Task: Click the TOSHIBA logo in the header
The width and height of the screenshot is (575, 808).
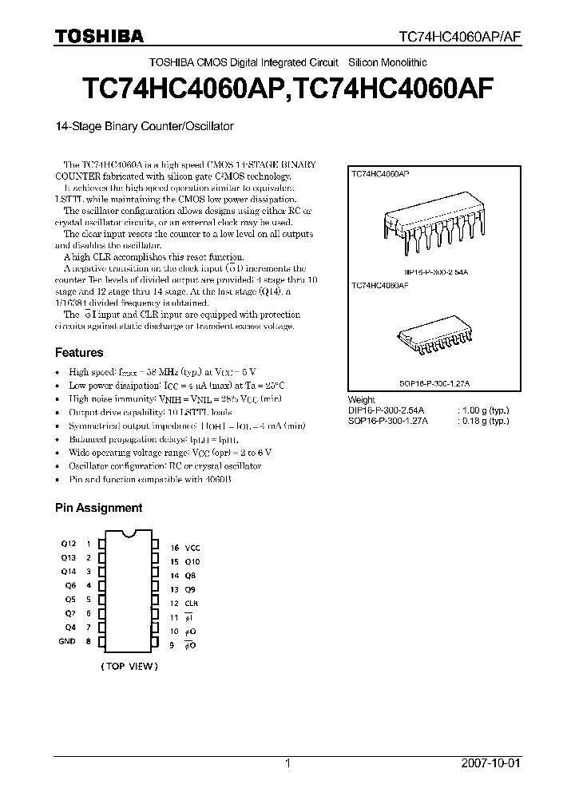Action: pyautogui.click(x=99, y=36)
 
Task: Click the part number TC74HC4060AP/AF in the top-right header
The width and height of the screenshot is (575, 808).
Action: pyautogui.click(x=460, y=37)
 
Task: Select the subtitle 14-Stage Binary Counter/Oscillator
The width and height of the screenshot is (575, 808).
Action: pyautogui.click(x=144, y=126)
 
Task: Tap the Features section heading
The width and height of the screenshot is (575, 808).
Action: pyautogui.click(x=79, y=352)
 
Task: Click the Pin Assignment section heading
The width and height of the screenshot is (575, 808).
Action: pyautogui.click(x=98, y=507)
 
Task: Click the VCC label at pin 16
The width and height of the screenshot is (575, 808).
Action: pyautogui.click(x=192, y=549)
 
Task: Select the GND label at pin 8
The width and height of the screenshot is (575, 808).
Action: pyautogui.click(x=68, y=641)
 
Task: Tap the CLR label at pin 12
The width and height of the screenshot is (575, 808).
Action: pyautogui.click(x=191, y=603)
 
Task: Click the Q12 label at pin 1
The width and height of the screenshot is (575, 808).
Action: pyautogui.click(x=68, y=544)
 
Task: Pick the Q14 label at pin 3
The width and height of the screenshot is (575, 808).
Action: pyautogui.click(x=68, y=571)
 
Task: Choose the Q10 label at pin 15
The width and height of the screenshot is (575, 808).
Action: pyautogui.click(x=192, y=561)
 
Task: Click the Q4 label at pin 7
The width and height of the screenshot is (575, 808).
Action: pyautogui.click(x=70, y=627)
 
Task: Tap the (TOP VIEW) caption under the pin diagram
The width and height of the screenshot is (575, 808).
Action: pyautogui.click(x=129, y=666)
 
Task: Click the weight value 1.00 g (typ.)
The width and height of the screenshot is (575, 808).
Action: pyautogui.click(x=482, y=410)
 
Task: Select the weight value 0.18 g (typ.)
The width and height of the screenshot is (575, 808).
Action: pyautogui.click(x=482, y=420)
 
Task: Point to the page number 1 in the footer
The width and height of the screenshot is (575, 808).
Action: pyautogui.click(x=287, y=763)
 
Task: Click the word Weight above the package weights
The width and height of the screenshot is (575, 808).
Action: pyautogui.click(x=361, y=399)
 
